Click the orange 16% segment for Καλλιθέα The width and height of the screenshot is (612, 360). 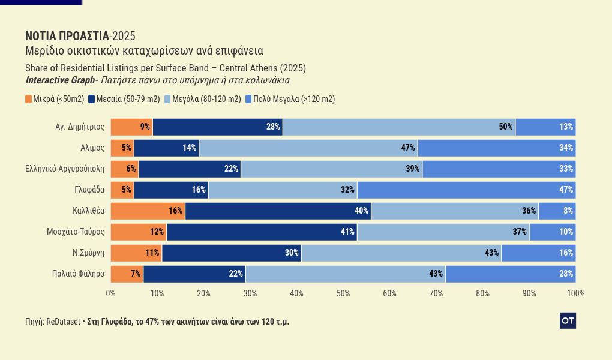(x=148, y=211)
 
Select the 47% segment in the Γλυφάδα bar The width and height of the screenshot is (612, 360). (x=466, y=190)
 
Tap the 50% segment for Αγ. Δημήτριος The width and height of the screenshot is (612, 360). (x=399, y=127)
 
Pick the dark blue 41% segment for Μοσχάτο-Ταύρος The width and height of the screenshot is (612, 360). (x=262, y=232)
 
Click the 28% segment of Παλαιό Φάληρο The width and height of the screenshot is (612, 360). (x=511, y=274)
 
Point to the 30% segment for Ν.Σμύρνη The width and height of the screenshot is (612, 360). (x=232, y=253)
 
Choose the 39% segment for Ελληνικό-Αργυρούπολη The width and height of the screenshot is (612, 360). (x=331, y=169)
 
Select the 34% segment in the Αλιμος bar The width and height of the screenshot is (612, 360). (x=497, y=148)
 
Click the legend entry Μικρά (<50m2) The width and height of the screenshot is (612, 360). (x=55, y=99)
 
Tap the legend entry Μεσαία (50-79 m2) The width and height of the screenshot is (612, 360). (x=124, y=99)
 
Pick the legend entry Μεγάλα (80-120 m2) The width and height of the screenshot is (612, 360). (x=203, y=99)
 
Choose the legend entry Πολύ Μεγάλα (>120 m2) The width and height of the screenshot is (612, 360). (x=290, y=99)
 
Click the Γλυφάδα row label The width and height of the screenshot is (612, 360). (x=89, y=190)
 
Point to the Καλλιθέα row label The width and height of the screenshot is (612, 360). (x=88, y=211)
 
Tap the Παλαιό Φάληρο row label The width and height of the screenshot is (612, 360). (x=79, y=274)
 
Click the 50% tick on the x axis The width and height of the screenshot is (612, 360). (x=343, y=293)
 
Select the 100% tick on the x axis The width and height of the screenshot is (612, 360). (x=575, y=293)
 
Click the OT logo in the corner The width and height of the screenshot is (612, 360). (x=568, y=321)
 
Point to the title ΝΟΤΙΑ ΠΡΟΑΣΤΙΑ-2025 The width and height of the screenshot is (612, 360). (x=80, y=36)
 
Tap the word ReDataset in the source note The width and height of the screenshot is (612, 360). (x=63, y=322)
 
